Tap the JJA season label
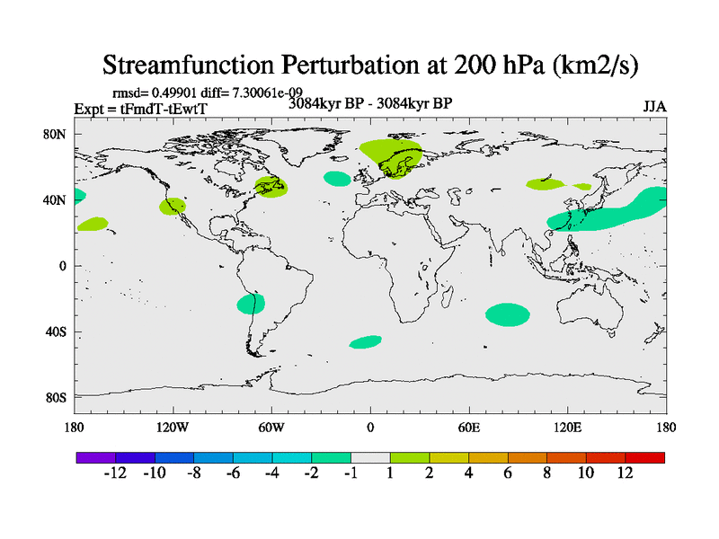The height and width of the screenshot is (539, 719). tap(654, 107)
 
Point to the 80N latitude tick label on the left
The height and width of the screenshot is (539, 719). tap(57, 135)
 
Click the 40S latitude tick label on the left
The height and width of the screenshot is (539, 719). tap(57, 331)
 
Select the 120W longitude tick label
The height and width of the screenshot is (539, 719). tap(173, 427)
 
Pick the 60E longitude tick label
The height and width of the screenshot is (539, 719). tap(469, 427)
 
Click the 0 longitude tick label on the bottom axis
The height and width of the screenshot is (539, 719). tap(370, 427)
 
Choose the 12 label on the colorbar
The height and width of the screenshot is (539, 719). tap(625, 473)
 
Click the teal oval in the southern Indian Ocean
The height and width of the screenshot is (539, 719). tap(508, 314)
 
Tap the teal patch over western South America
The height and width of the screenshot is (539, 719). tap(251, 304)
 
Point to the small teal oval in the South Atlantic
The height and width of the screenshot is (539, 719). tap(366, 341)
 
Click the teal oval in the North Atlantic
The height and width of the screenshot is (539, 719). tap(337, 179)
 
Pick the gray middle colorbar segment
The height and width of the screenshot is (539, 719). tap(370, 457)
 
